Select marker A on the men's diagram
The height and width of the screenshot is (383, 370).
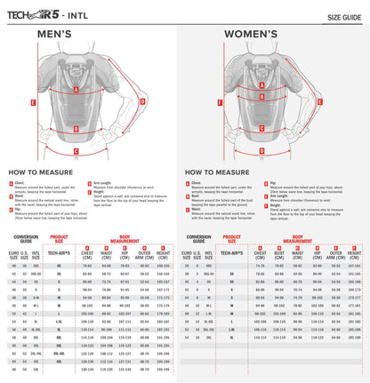75,89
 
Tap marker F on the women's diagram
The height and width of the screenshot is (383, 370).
194,102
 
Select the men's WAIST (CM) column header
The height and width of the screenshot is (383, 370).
106,253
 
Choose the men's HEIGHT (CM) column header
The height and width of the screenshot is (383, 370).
163,253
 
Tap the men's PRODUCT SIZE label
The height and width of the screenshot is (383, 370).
56,239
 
